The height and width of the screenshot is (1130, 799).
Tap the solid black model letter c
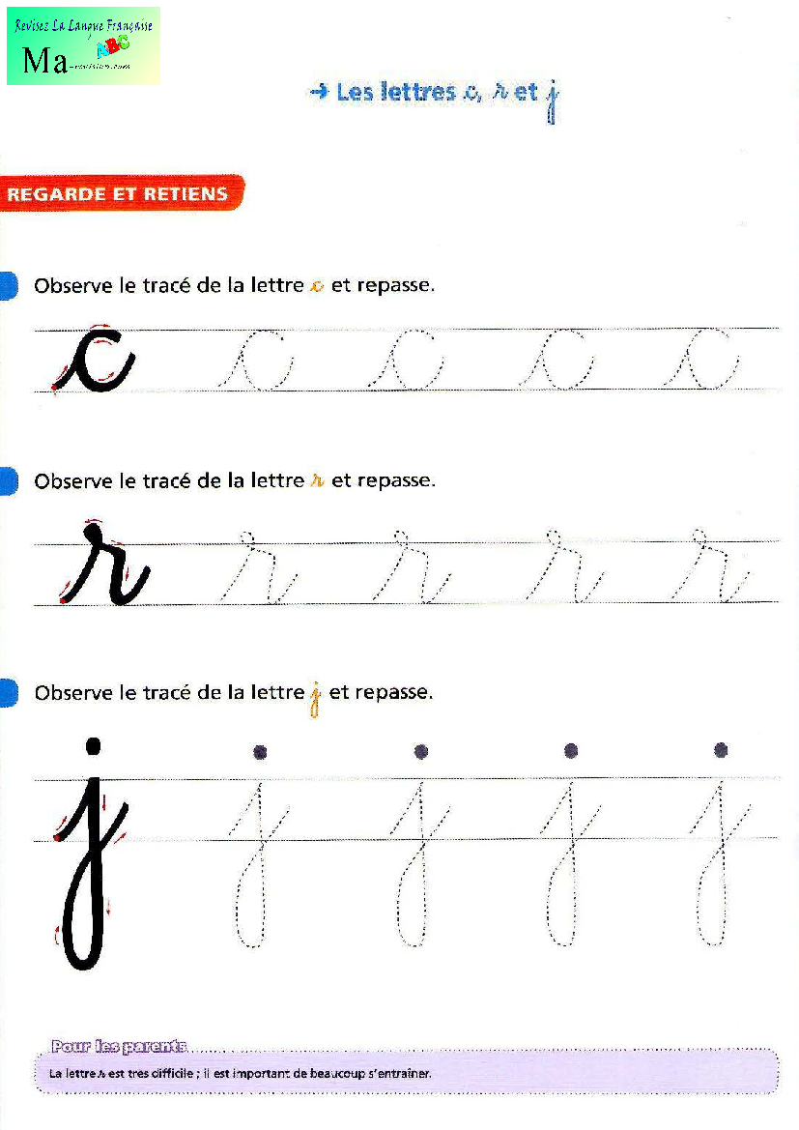tap(94, 362)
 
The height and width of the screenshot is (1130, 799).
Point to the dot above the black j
tap(93, 745)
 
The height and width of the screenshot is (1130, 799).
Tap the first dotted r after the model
tap(255, 570)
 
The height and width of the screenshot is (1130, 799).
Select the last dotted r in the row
tap(712, 570)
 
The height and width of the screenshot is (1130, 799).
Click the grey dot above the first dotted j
tap(260, 751)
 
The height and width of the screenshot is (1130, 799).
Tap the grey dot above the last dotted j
tap(721, 750)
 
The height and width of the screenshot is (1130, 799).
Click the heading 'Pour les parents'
tap(119, 1046)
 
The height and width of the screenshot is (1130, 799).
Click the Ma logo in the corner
tap(82, 45)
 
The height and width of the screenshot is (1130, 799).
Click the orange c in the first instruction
tap(316, 287)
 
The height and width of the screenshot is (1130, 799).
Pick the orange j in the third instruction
tap(315, 698)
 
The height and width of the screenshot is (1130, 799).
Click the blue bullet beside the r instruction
tap(8, 480)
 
